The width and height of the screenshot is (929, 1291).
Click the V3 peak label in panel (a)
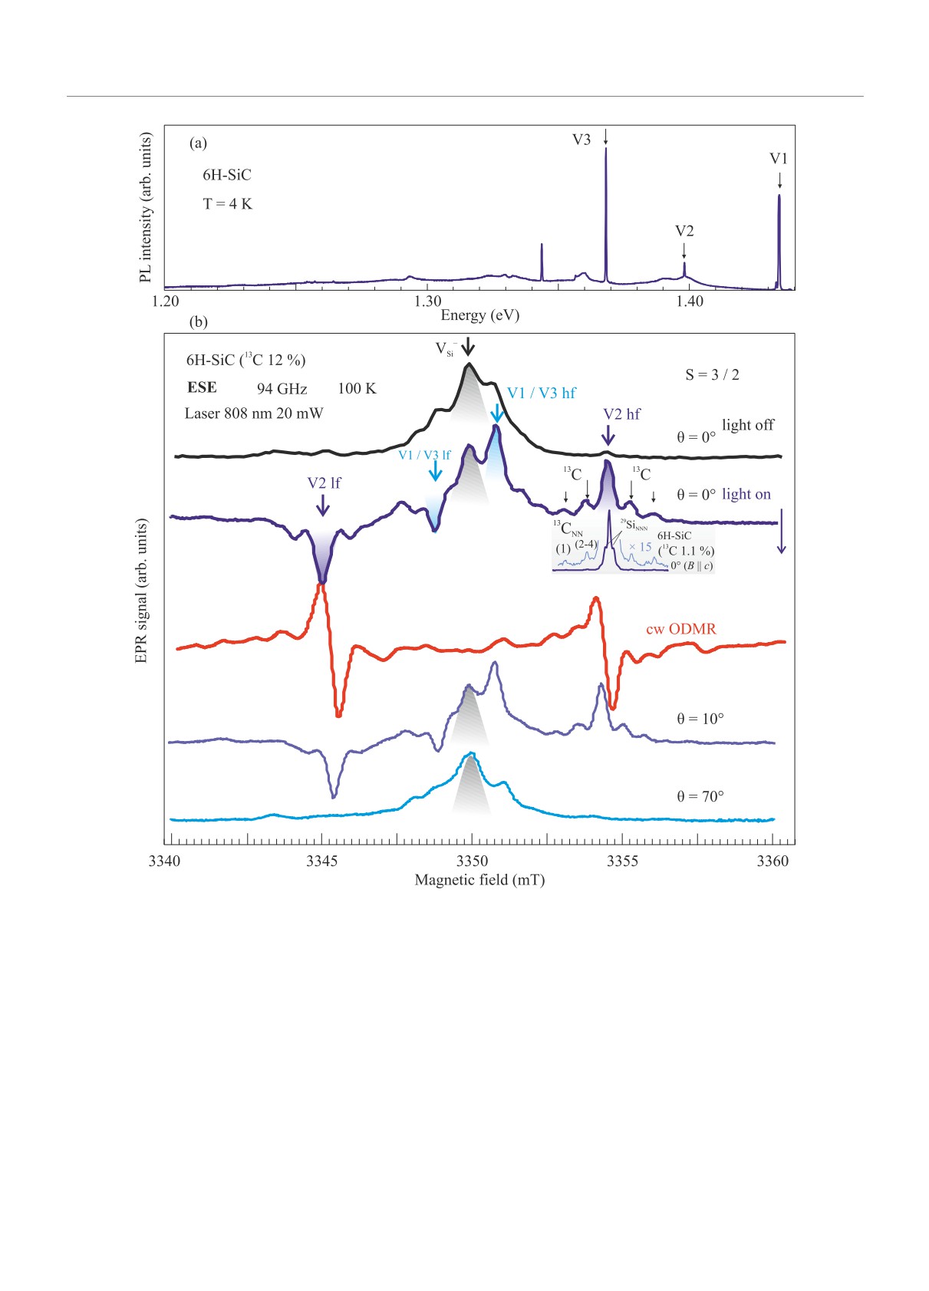point(581,140)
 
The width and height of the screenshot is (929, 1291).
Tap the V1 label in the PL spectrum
point(779,159)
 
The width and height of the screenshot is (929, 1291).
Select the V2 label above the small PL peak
point(684,231)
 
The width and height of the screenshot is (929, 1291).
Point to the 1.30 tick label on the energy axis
point(428,301)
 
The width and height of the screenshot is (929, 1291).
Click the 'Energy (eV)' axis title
point(479,315)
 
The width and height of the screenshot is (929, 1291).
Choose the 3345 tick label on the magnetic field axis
point(321,861)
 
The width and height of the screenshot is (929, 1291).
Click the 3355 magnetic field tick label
point(622,861)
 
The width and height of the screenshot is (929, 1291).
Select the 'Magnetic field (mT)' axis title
point(479,880)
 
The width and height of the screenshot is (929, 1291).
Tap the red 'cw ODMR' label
point(680,629)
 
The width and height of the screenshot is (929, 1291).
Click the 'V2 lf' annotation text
point(324,483)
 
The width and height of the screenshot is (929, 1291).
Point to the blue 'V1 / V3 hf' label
point(542,394)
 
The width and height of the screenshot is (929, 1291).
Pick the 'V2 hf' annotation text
point(621,414)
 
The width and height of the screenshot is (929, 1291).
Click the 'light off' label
point(748,425)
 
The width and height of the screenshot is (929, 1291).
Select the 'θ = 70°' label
point(700,796)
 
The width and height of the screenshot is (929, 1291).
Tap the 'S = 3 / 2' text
point(712,375)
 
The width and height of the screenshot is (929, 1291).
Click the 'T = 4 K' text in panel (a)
point(227,204)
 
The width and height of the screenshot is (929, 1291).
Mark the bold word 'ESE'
point(202,387)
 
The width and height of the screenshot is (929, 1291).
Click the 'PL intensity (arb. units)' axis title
point(146,207)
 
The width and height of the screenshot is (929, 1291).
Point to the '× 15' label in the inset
point(640,547)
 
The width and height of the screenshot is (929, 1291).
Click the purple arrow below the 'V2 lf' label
point(323,505)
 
